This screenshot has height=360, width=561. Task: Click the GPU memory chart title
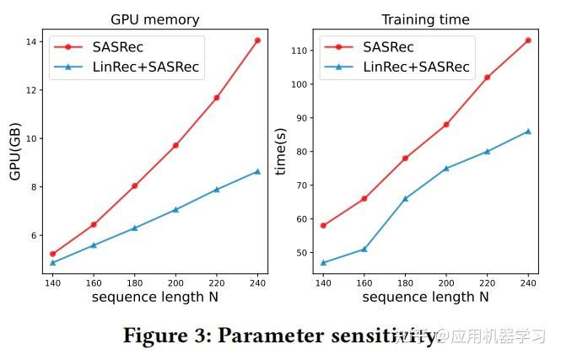(x=155, y=19)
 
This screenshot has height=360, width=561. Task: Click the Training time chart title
(x=426, y=19)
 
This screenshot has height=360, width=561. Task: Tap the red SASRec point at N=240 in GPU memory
(x=257, y=40)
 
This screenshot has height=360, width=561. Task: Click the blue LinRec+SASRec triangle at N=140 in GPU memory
(x=53, y=262)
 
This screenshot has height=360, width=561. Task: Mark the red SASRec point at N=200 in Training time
(x=446, y=124)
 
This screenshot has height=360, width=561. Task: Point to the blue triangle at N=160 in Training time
(x=364, y=249)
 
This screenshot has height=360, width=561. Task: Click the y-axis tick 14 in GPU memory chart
(x=34, y=41)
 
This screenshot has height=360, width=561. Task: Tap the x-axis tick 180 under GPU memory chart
(x=134, y=282)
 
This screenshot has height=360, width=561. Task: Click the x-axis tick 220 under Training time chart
(x=487, y=282)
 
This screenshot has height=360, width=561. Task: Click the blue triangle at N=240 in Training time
(x=528, y=131)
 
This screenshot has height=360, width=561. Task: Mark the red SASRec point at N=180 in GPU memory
(x=135, y=185)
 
